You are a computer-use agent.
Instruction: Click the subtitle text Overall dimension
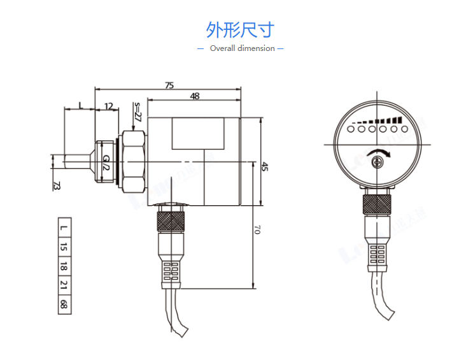243,48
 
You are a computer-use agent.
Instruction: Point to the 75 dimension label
169,85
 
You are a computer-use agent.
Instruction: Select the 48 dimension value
194,96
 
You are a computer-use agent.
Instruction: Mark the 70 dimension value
257,230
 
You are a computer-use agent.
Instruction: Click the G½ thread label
106,162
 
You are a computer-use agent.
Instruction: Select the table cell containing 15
63,247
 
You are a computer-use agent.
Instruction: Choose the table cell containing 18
63,266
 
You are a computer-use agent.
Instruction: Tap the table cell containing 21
63,285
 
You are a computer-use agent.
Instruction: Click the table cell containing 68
63,304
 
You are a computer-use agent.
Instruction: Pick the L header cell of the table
63,227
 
